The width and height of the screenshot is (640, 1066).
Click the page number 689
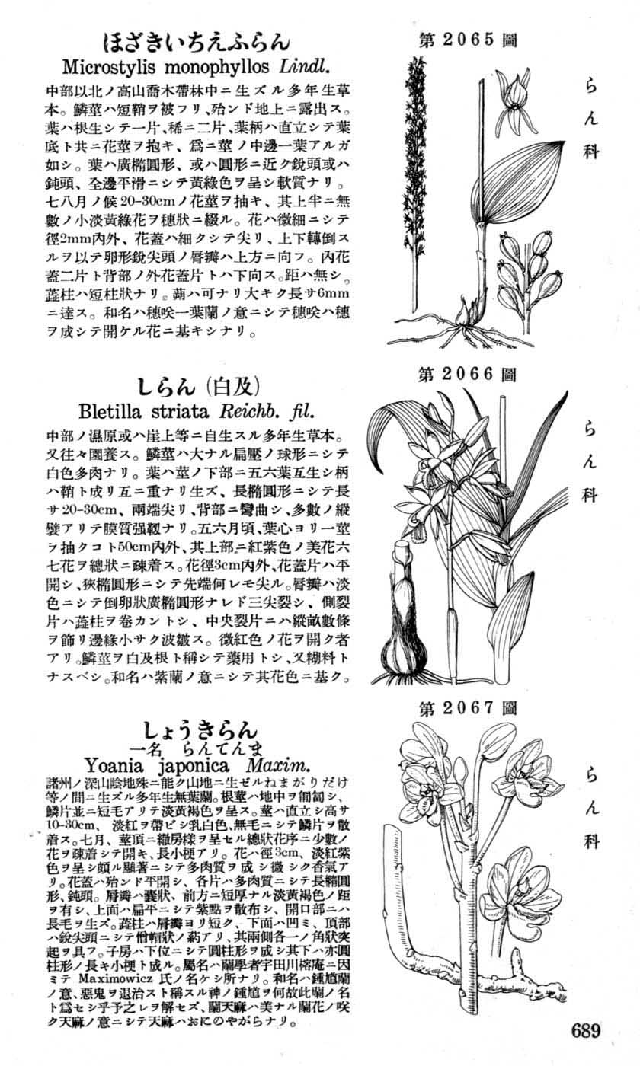pos(584,1032)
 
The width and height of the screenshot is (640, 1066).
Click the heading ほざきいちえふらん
pos(196,40)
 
